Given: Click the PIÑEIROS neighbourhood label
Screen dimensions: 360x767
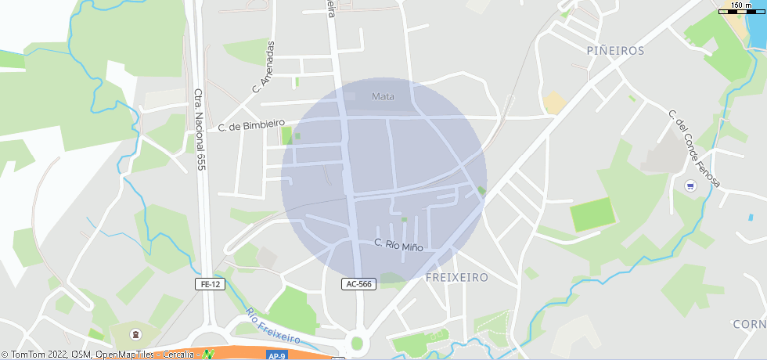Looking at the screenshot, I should coord(615,50).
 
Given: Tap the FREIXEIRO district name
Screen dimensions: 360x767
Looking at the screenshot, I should coord(457,278).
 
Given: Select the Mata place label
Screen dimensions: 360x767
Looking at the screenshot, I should coord(383,97).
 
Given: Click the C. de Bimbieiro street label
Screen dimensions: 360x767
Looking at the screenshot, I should coord(251,125).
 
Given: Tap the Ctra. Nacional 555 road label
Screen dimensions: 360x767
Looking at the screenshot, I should coord(200,129).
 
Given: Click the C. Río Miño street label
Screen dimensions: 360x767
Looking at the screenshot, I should coord(398,245).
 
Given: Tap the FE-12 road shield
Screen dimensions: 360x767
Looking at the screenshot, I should coord(211,284).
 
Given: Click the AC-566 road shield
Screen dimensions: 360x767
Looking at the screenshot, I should coord(358,284).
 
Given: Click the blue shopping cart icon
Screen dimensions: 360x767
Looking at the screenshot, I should coord(690,185).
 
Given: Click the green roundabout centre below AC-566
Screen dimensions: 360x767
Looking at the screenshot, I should coord(357,343).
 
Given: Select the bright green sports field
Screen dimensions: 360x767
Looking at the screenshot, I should coord(592,214).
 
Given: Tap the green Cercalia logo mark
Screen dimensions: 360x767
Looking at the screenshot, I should coord(208,355).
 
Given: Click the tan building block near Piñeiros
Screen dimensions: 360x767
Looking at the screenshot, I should coord(555,103).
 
